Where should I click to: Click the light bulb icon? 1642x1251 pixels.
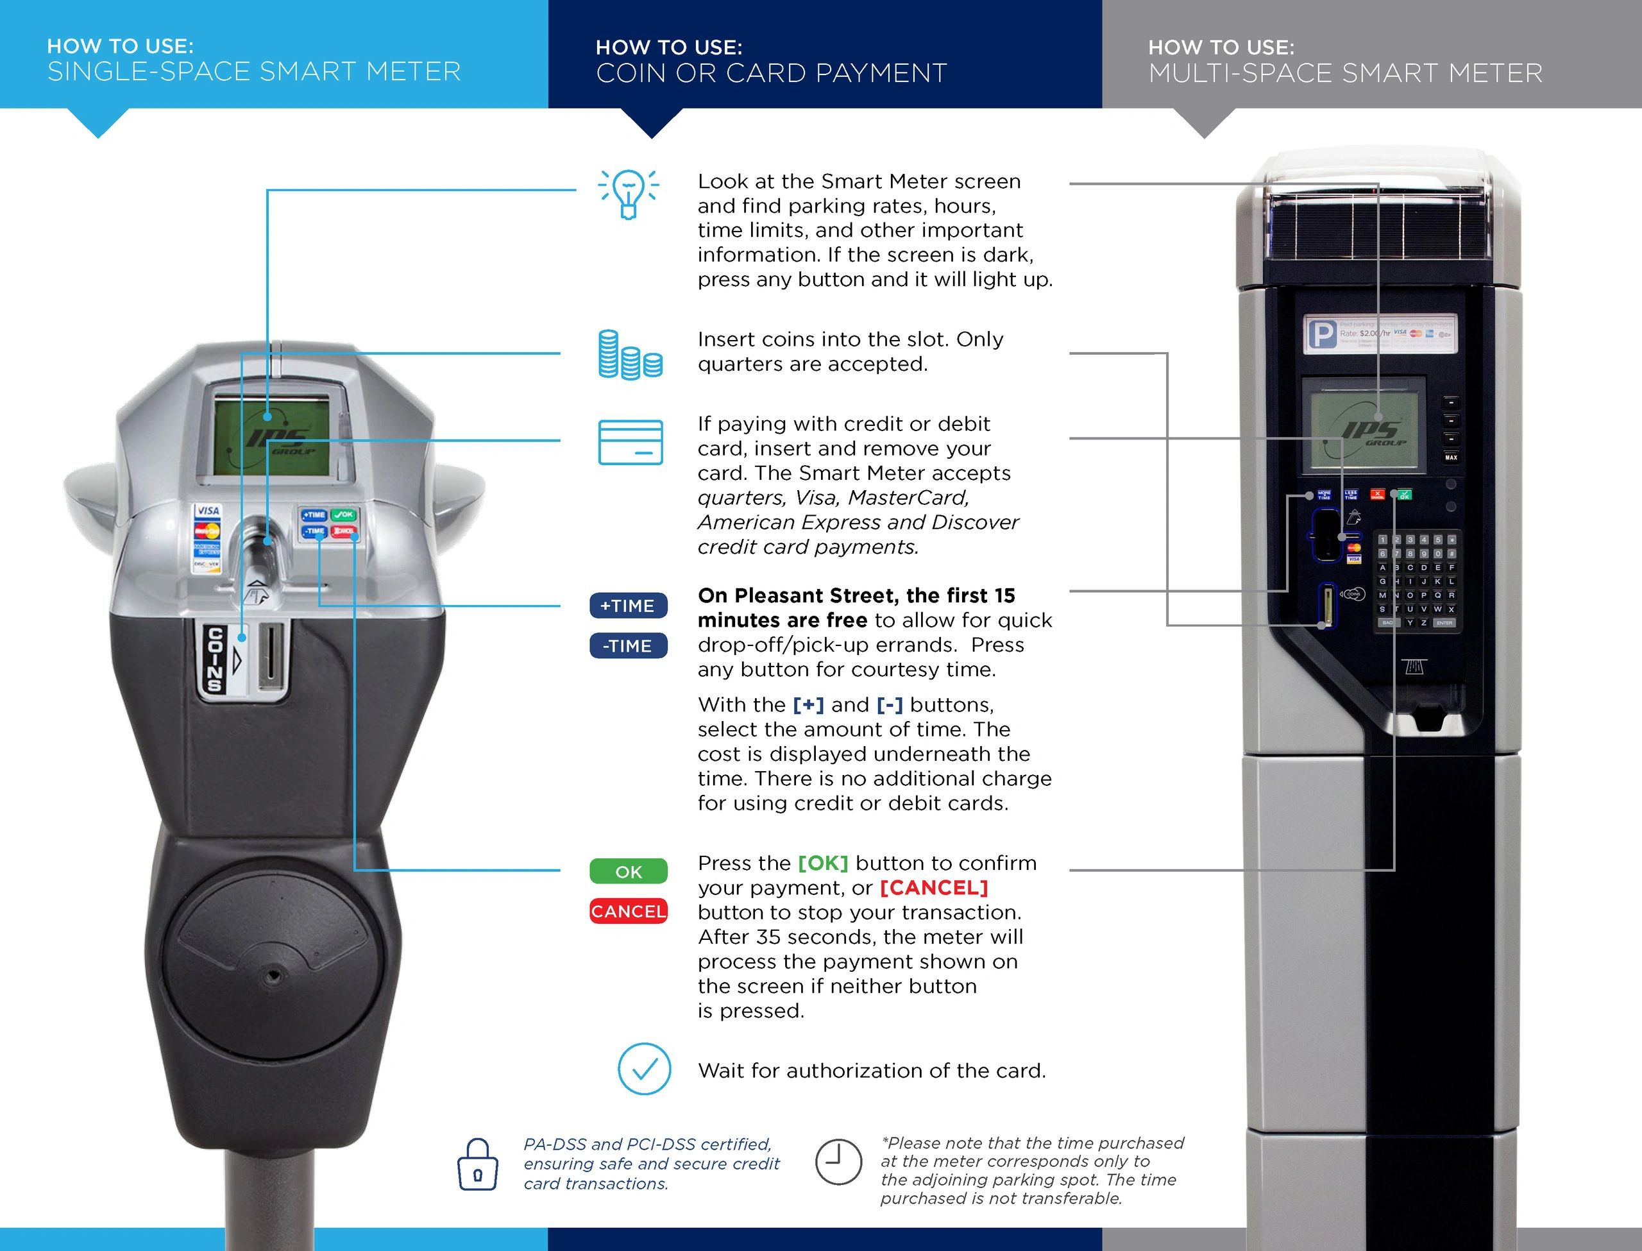(x=629, y=194)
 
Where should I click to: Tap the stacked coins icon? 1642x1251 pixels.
(x=630, y=355)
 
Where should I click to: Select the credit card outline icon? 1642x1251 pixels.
(x=631, y=442)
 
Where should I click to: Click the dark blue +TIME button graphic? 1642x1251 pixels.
(x=628, y=606)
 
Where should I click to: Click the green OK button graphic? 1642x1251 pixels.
(x=628, y=871)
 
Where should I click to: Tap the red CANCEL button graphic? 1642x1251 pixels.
(x=628, y=912)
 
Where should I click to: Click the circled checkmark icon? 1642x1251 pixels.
(x=644, y=1069)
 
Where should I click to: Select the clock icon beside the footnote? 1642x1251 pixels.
(x=838, y=1162)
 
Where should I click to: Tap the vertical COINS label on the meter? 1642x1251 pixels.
(x=215, y=660)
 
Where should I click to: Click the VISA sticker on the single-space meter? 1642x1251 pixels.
(x=208, y=511)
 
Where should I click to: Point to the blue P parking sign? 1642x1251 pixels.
(x=1321, y=334)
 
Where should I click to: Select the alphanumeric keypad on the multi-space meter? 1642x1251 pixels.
(x=1416, y=581)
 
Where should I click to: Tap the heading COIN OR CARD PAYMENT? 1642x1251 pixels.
(x=771, y=73)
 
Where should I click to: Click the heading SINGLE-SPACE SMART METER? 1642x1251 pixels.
(x=254, y=71)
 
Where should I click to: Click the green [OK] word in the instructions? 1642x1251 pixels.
(x=822, y=863)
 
